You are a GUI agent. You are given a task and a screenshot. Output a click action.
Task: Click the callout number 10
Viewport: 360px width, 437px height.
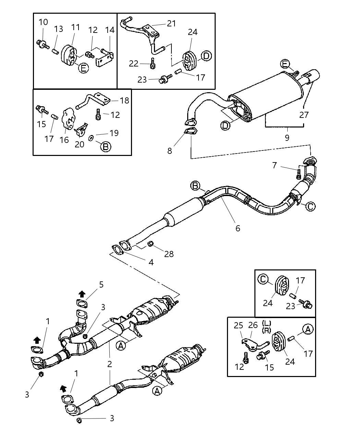(43, 23)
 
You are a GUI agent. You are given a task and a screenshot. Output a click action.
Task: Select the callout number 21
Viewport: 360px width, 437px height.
(171, 23)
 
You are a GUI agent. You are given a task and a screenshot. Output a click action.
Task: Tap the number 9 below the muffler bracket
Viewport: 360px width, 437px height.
(287, 137)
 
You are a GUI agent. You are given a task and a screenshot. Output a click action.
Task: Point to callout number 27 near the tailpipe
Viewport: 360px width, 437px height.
(304, 114)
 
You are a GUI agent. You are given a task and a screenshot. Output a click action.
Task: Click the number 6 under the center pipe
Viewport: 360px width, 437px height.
(237, 228)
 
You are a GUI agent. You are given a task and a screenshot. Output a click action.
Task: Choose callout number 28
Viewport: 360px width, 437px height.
(169, 254)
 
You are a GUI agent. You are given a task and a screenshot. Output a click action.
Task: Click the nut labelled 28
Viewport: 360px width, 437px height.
(151, 245)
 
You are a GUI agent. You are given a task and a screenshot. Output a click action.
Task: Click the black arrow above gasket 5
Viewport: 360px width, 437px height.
(82, 294)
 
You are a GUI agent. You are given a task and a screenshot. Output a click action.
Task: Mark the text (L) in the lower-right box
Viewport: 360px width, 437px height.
(266, 323)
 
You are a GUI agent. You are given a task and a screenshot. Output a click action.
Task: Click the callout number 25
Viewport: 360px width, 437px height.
(238, 325)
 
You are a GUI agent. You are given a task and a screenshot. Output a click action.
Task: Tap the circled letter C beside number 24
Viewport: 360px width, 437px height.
(263, 279)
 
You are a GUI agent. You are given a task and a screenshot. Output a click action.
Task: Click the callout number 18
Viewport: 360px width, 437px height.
(125, 100)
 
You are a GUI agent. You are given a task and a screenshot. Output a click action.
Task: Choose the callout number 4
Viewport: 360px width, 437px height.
(151, 262)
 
